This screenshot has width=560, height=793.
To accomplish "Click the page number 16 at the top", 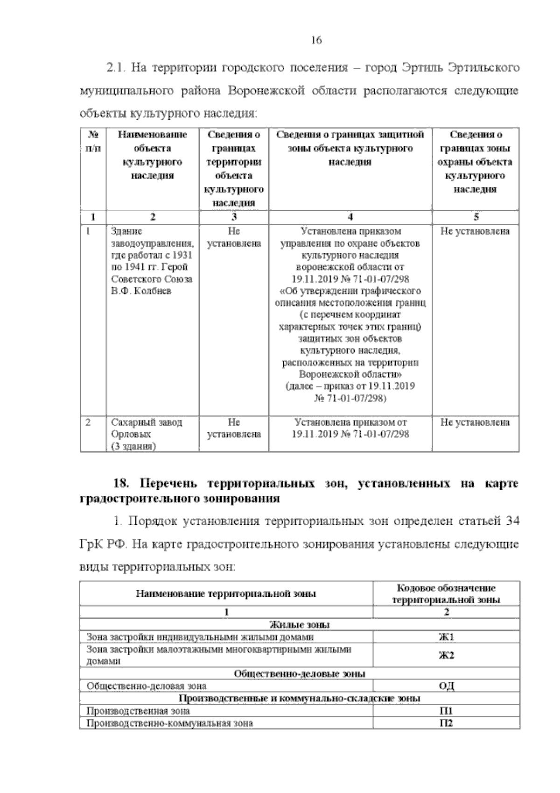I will (316, 40).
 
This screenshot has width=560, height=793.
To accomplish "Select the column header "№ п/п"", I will (93, 141).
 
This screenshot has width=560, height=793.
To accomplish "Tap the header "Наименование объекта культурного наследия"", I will (152, 155).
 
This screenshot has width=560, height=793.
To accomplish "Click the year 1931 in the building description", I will (182, 256).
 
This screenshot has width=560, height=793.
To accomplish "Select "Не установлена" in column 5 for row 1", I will (475, 231).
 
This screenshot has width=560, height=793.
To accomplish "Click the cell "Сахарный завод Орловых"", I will (147, 428).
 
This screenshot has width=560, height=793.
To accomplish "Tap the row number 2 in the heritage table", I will (88, 422).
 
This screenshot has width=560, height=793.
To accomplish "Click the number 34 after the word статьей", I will (512, 521).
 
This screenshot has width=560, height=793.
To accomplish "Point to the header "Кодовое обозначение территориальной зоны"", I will (446, 594).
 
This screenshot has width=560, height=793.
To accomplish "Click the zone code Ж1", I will (446, 637).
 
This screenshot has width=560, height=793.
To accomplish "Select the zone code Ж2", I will (446, 655).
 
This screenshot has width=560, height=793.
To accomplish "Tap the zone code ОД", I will (446, 686).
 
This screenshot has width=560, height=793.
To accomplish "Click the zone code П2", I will (446, 723).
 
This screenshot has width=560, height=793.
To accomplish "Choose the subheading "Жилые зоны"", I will (299, 625).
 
